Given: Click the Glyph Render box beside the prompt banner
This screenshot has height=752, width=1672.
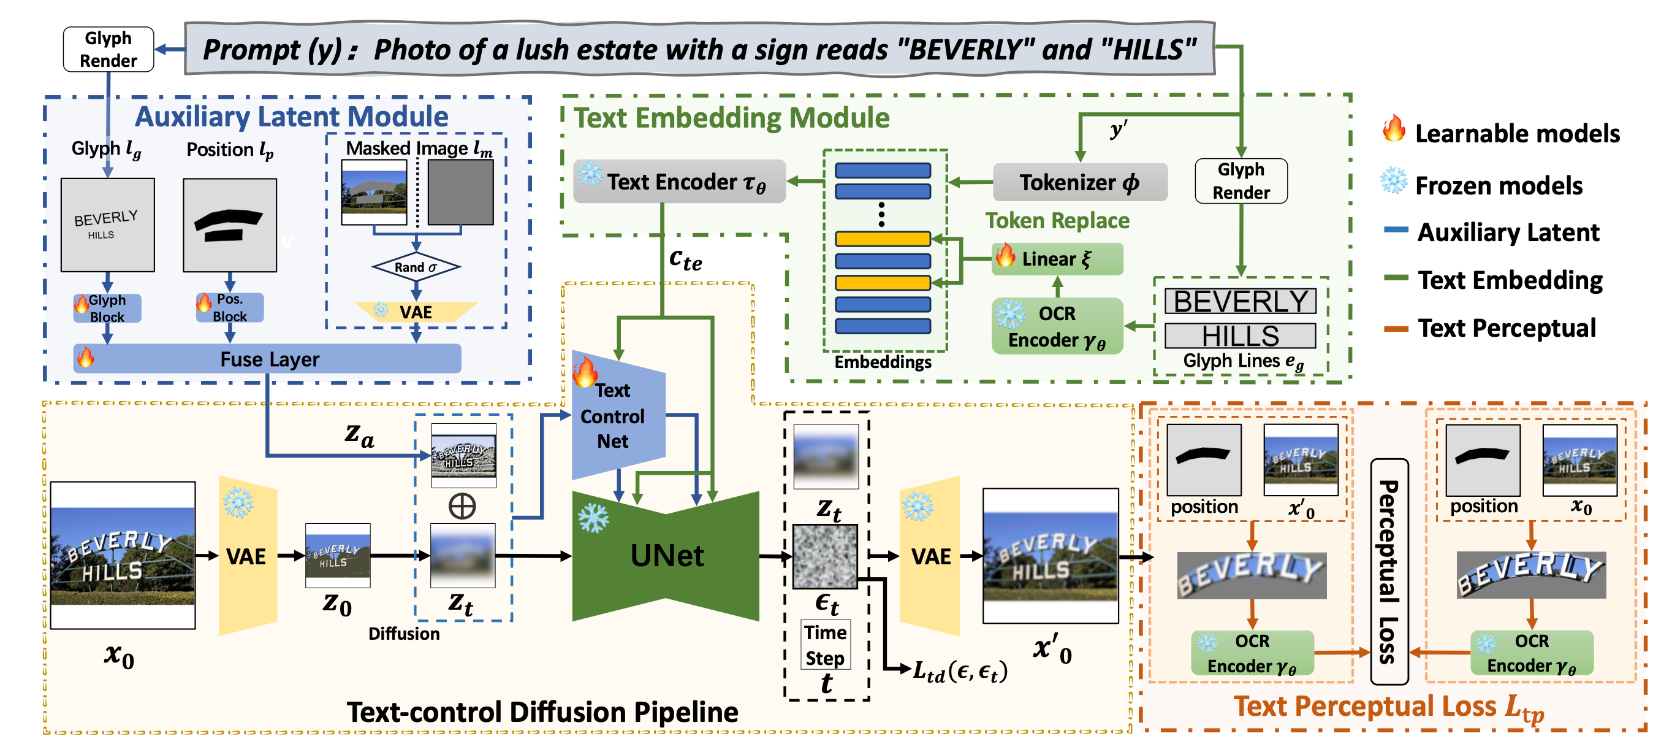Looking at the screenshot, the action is coord(108,49).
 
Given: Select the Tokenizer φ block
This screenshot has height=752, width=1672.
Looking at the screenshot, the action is coord(1080,183).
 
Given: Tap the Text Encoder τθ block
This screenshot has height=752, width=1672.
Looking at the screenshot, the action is coord(680,182).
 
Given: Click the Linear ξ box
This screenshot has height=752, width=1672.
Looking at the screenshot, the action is coord(1057,258).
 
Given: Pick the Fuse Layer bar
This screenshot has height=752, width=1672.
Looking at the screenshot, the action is coord(267,358).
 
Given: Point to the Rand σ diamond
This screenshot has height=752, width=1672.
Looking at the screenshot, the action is coord(416,267).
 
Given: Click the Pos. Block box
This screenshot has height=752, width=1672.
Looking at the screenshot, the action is coord(230,308).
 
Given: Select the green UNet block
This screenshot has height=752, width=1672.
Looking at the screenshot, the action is coord(666,556).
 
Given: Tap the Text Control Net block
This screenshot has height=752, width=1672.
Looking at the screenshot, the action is coord(618,416).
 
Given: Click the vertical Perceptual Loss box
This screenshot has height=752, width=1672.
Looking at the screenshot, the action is coord(1389,572).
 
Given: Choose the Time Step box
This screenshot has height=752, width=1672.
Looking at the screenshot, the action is coord(826,645).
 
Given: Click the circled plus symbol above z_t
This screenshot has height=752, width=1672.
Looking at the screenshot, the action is coord(462,506).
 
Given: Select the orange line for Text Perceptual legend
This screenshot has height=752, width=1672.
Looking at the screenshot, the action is coord(1396,329).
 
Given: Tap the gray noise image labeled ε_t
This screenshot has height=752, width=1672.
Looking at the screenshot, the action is coord(826,556).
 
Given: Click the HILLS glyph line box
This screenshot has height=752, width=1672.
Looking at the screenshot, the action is coord(1241,336).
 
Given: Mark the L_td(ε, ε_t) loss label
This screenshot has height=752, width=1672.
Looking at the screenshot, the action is coord(960,671).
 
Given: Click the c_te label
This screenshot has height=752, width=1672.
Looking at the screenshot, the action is coord(685,259).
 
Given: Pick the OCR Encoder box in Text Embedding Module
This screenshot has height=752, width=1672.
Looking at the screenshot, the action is coord(1057,326).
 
